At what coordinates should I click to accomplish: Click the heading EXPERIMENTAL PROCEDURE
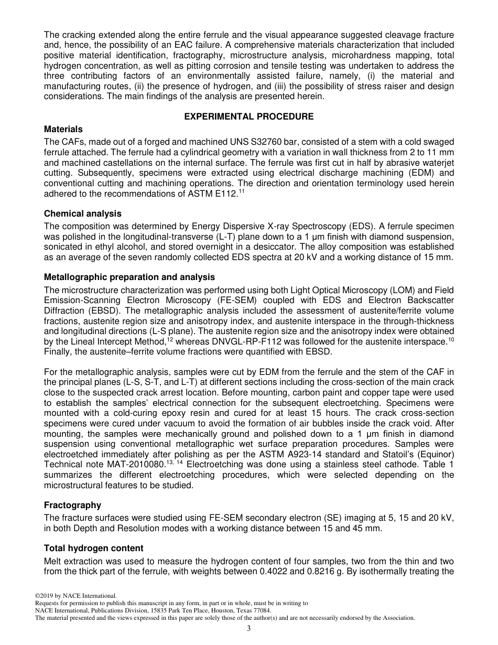[249, 116]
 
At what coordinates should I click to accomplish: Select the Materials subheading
[63, 129]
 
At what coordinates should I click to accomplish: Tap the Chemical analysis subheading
[82, 213]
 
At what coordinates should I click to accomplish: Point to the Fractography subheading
[72, 505]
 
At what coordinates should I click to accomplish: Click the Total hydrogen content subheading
[93, 548]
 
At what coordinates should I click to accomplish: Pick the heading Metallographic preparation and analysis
[129, 277]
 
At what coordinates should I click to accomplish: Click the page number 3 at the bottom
[249, 629]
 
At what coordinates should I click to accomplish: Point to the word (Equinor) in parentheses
[436, 456]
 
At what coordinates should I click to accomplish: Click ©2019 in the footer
[44, 596]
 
